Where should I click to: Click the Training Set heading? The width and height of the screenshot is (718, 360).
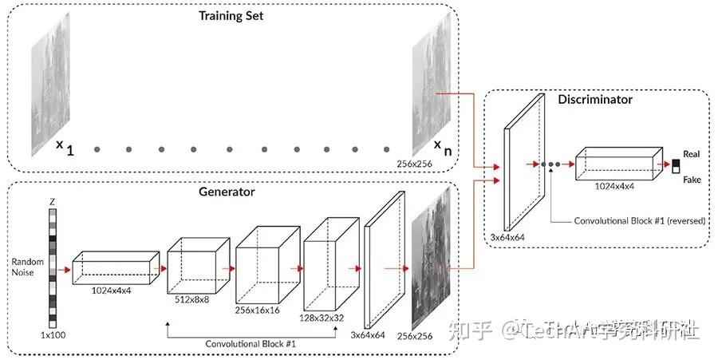(232, 15)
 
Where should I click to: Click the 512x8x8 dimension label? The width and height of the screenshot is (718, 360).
(192, 300)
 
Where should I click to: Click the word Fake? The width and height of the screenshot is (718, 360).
(691, 180)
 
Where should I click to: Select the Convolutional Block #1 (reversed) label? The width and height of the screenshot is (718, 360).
(640, 220)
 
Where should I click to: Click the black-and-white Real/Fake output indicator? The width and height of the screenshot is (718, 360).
(675, 166)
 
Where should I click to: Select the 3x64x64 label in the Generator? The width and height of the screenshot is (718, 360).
(369, 336)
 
